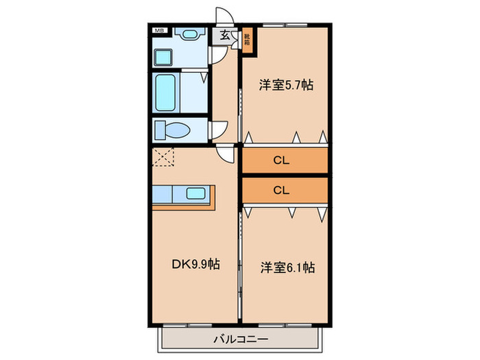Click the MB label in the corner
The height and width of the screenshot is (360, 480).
[x=158, y=31]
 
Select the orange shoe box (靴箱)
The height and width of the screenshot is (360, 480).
[x=246, y=39]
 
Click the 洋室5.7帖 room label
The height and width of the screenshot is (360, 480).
[x=286, y=86]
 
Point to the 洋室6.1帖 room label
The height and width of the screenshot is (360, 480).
[x=287, y=267]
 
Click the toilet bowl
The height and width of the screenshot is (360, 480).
[x=169, y=130]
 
